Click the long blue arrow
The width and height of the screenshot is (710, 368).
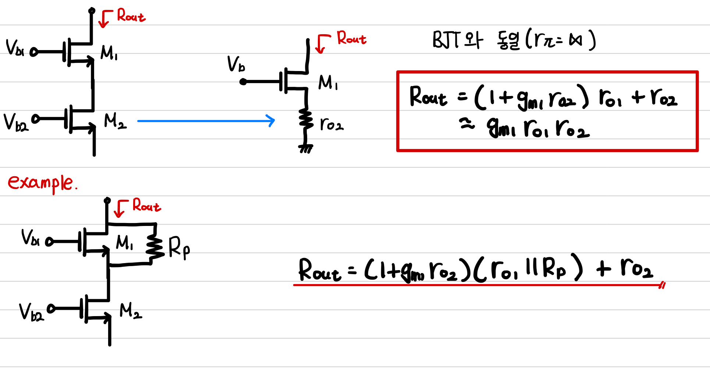206,121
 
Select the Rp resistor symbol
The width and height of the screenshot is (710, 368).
155,247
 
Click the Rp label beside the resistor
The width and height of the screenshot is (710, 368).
179,248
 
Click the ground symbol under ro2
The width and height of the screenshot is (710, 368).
305,149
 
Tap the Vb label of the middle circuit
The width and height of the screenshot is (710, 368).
236,64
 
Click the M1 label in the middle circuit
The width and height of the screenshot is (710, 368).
328,83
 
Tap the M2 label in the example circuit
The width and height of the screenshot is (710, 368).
131,311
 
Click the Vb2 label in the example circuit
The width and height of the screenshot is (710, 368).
31,312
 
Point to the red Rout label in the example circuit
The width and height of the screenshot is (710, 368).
146,205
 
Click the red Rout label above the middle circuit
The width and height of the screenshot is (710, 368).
351,38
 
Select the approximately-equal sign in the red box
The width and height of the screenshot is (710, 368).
467,125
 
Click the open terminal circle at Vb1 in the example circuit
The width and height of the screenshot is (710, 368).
49,242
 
